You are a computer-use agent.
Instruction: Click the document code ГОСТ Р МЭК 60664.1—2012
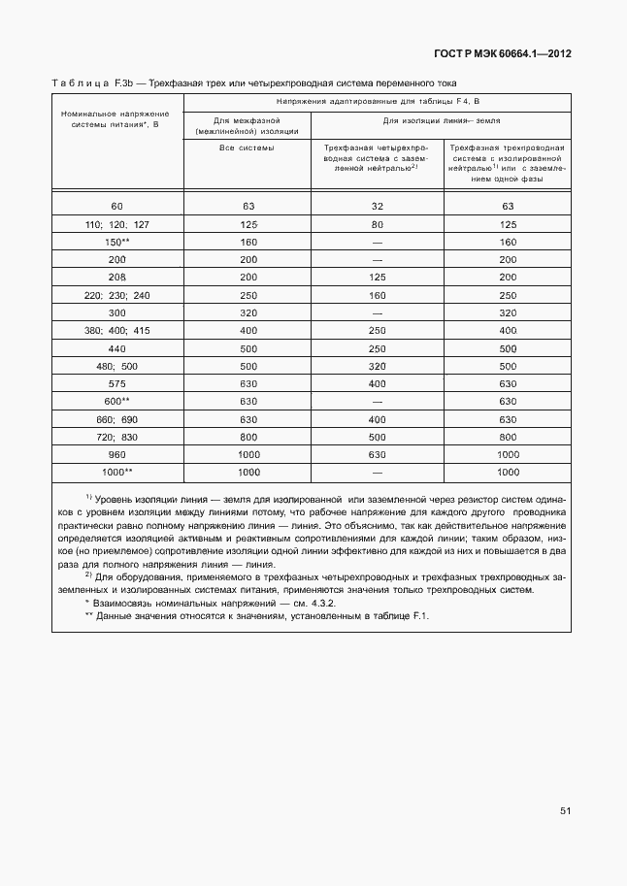tap(503, 54)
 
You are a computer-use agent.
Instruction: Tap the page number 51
tap(565, 811)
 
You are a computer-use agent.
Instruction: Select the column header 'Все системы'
tap(247, 148)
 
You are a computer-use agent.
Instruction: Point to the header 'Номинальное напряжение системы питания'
tap(117, 119)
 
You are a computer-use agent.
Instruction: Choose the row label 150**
tap(117, 242)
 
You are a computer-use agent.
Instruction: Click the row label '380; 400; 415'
tap(117, 330)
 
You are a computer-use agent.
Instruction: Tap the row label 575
tap(117, 383)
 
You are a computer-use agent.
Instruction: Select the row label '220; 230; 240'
tap(117, 295)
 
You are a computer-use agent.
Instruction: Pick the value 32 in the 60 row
tap(377, 207)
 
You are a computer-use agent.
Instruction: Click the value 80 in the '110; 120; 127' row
tap(377, 224)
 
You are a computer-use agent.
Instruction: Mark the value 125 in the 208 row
tap(377, 278)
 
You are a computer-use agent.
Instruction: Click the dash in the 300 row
tap(377, 312)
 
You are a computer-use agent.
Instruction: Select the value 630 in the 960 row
tap(377, 453)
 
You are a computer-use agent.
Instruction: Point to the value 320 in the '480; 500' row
tap(377, 366)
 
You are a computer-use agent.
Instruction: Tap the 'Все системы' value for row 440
tap(247, 347)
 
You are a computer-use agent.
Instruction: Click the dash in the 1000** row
tap(377, 471)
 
